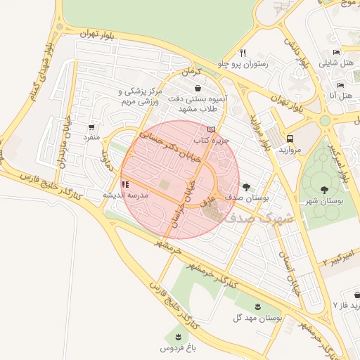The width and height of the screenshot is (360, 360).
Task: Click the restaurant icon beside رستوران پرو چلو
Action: click(243, 52)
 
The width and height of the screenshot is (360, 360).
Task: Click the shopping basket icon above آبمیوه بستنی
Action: click(198, 89)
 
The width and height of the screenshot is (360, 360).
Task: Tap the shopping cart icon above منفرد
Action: click(92, 127)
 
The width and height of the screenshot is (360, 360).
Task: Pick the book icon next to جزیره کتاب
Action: click(212, 129)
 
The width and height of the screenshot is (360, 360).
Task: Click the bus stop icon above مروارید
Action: click(290, 139)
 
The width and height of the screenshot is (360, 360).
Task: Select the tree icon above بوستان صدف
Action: click(245, 186)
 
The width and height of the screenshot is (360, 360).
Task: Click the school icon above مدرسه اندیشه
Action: click(125, 184)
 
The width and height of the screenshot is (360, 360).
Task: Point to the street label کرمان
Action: click(189, 72)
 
